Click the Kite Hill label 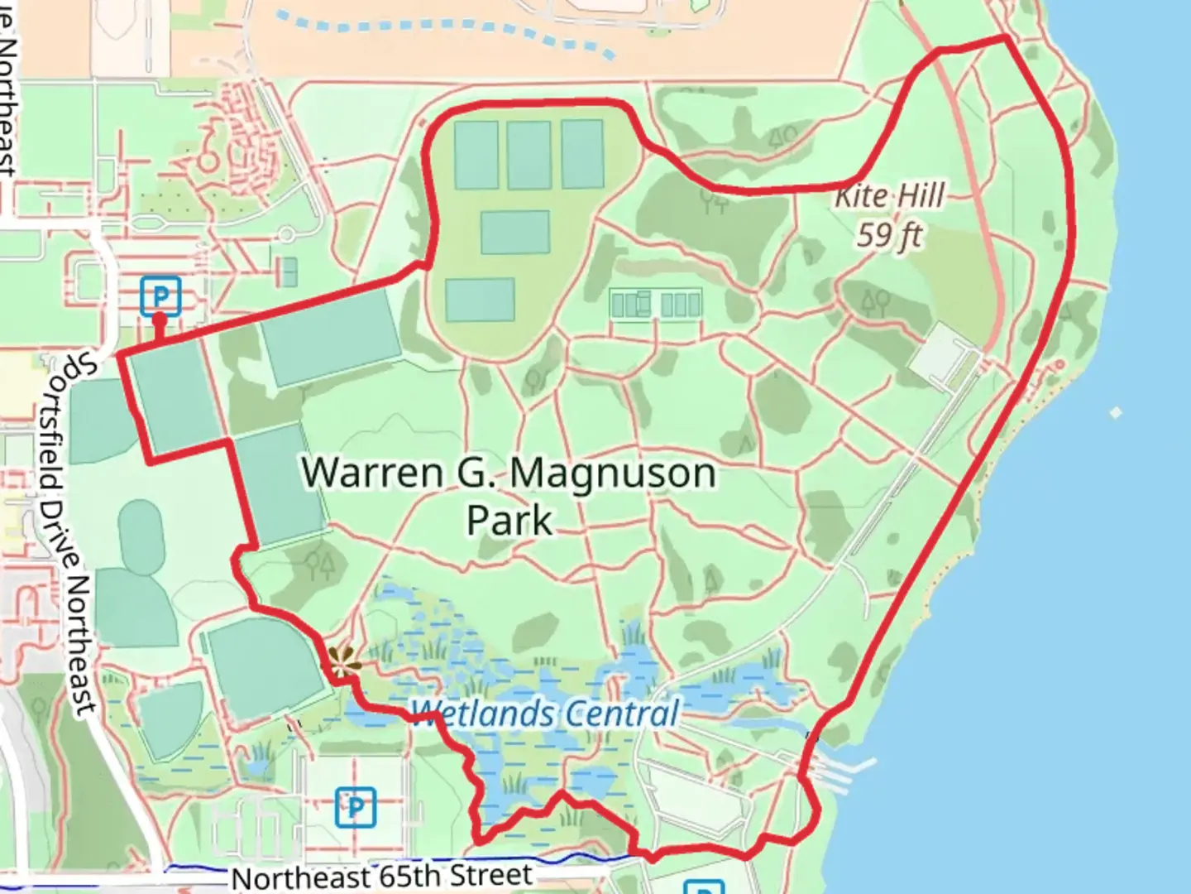pos(889,196)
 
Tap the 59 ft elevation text pos(888,236)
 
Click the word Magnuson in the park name pos(612,473)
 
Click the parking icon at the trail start pos(160,296)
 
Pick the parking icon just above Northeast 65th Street pos(356,806)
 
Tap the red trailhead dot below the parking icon pos(160,318)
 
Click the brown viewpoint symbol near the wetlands pos(342,660)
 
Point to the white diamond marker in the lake pos(1116,412)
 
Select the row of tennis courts pos(655,304)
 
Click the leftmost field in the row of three pos(476,154)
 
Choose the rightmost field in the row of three pos(582,153)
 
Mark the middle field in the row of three pos(529,154)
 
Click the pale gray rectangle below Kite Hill pos(943,357)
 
